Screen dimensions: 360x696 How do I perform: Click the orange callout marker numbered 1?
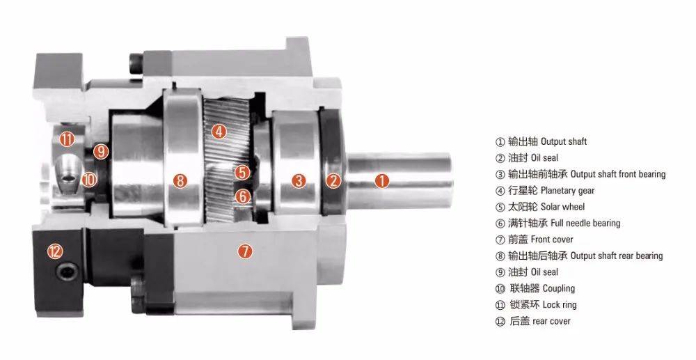coord(381,180)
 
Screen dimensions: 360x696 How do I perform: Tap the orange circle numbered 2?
coord(334,180)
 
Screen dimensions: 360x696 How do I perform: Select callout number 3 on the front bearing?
coord(299,181)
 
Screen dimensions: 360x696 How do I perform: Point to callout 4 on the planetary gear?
coord(219,131)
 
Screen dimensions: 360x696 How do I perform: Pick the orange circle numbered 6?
coord(242,196)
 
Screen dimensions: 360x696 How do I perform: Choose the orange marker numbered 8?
coord(180,181)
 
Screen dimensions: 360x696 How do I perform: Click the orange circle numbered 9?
coord(102,151)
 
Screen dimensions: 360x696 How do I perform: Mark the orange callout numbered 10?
coord(88,180)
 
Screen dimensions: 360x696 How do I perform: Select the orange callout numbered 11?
coord(67,139)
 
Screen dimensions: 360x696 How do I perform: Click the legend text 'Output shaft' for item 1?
coord(564,141)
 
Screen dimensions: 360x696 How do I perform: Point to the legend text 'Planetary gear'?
coord(567,190)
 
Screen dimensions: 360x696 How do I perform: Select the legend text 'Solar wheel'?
coord(562,207)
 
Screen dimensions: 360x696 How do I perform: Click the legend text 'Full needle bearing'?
coord(585,223)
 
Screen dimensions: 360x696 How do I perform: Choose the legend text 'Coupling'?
coord(558,288)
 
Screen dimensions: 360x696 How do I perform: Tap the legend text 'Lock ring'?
coord(559,304)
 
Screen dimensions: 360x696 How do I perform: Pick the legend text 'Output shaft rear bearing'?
coord(617,256)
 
